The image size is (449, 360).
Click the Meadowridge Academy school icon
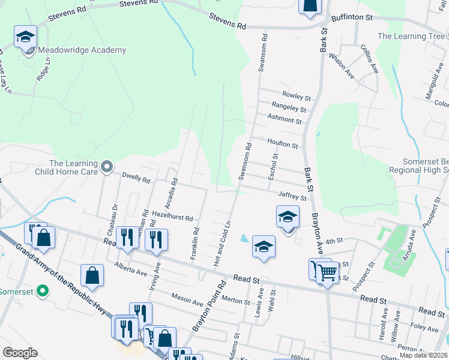(x=25, y=37)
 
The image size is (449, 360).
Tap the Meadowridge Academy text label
(x=82, y=50)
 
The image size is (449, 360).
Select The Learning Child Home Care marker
(x=107, y=166)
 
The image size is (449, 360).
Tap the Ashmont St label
(x=285, y=120)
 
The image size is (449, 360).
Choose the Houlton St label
(x=283, y=145)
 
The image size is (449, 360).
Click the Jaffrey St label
(x=292, y=196)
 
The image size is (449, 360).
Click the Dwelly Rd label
(x=135, y=178)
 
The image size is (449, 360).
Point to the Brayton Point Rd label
(x=208, y=307)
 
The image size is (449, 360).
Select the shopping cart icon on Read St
(x=327, y=273)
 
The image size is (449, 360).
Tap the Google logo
(x=20, y=353)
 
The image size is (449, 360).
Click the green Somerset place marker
(x=42, y=292)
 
